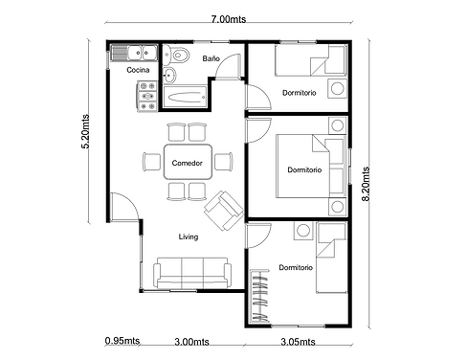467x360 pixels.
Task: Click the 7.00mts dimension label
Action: (x=229, y=19)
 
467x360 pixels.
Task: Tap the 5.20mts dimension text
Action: (x=85, y=131)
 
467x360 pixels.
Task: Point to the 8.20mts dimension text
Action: (x=366, y=184)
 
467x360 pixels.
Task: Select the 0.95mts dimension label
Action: (x=122, y=341)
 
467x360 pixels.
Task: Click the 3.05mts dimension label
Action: (x=298, y=342)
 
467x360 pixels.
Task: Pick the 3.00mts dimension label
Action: (x=191, y=342)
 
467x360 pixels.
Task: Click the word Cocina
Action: (x=138, y=70)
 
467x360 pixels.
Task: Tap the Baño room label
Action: (x=211, y=58)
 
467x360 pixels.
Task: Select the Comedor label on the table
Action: (x=188, y=163)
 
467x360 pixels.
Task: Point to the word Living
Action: (x=189, y=236)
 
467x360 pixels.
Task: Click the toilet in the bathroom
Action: (x=176, y=56)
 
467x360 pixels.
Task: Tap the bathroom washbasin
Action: (x=169, y=76)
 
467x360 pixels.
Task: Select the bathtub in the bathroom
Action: (x=185, y=97)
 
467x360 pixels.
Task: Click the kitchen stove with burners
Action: (x=147, y=96)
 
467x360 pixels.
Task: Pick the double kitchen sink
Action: (x=134, y=53)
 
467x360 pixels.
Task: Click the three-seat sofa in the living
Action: (x=192, y=273)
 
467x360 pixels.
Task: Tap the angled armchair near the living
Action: (x=224, y=211)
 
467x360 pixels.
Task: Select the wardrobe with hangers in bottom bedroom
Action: (x=259, y=296)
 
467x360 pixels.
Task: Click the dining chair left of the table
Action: (x=152, y=162)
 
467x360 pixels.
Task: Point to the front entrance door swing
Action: (x=125, y=207)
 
